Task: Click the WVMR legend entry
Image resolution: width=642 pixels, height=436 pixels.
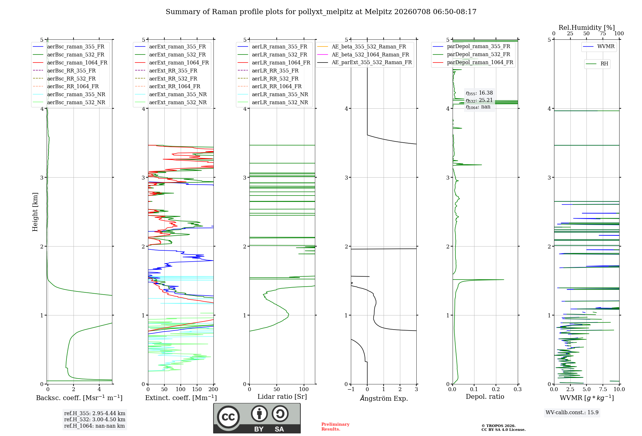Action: (x=599, y=46)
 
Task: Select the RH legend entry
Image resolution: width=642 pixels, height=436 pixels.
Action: (x=597, y=64)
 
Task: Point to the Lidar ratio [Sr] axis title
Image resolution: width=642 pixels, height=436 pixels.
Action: (x=282, y=397)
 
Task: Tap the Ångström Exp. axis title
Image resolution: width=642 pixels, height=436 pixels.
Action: (x=384, y=398)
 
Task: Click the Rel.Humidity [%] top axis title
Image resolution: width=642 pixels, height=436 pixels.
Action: (x=587, y=28)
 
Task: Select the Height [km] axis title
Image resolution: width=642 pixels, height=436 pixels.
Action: (x=35, y=212)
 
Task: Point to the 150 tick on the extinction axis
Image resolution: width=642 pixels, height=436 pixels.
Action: (x=197, y=389)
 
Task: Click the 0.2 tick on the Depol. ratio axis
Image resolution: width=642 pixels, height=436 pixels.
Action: (x=496, y=389)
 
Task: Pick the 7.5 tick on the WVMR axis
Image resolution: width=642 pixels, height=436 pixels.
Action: (x=603, y=389)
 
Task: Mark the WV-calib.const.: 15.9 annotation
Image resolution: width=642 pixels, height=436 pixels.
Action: (x=572, y=413)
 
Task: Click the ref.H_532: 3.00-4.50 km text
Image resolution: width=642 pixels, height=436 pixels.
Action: (x=95, y=420)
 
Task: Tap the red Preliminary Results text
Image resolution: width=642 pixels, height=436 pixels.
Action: (x=335, y=427)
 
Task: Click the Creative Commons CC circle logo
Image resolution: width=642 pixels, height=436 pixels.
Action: (x=228, y=417)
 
